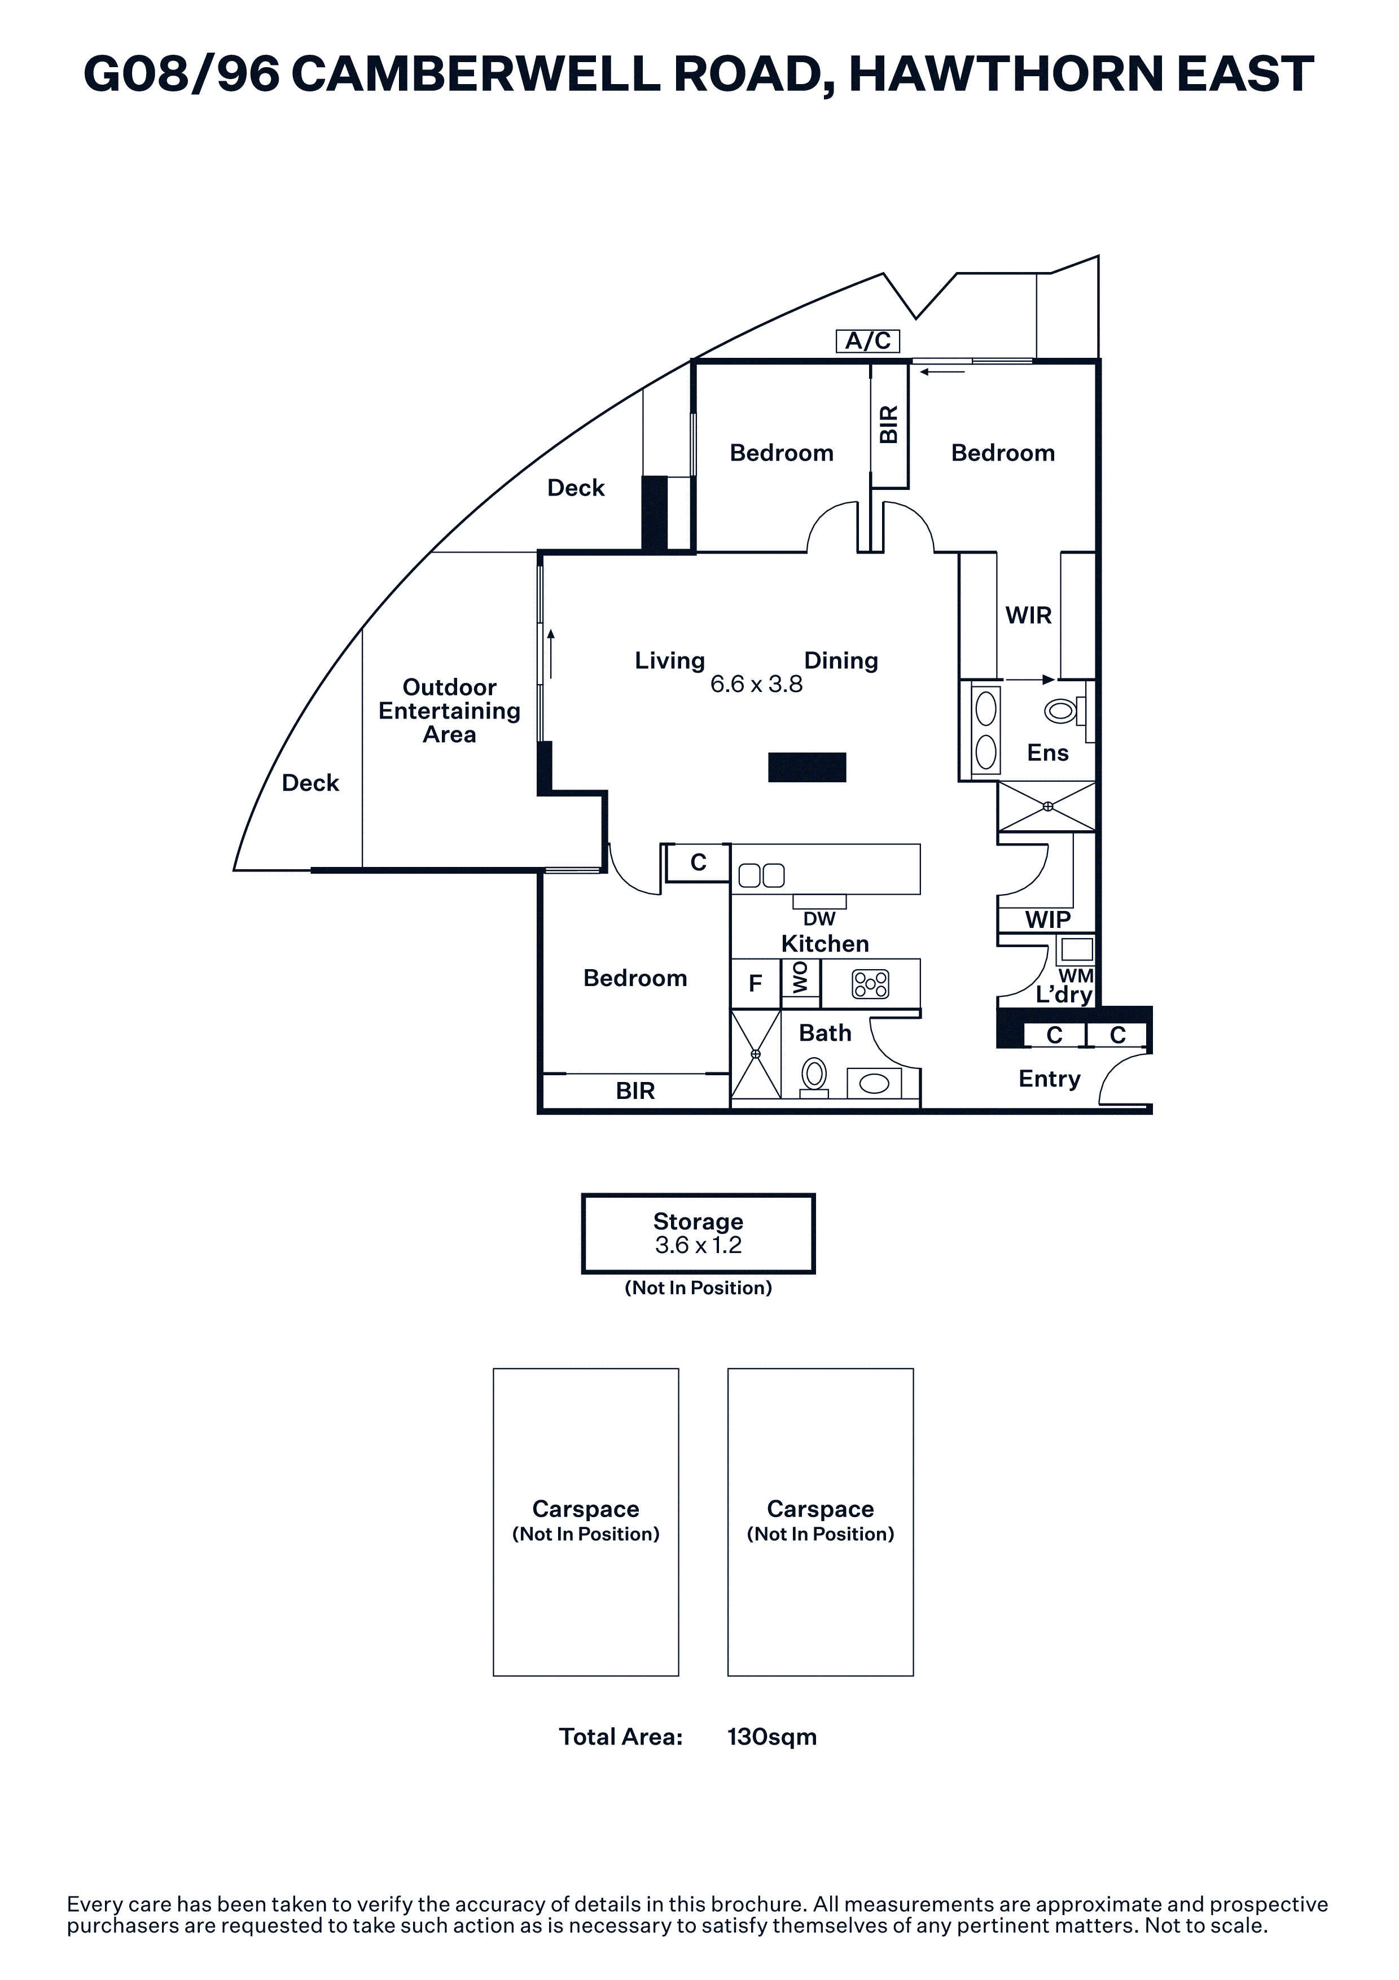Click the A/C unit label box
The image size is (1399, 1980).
point(868,341)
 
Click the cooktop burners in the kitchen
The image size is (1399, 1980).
point(870,984)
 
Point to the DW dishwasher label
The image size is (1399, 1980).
point(819,919)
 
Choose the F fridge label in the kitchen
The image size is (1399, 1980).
point(755,984)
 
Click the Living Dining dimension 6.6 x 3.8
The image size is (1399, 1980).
point(756,685)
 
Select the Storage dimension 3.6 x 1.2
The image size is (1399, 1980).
point(698,1245)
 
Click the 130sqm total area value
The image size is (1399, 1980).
point(771,1737)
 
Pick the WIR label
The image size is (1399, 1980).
point(1028,616)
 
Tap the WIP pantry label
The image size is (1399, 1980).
point(1047,920)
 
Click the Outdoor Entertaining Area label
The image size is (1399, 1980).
point(449,711)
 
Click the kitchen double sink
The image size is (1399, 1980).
point(762,876)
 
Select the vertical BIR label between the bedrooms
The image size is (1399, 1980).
point(889,424)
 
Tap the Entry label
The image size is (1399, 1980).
point(1049,1079)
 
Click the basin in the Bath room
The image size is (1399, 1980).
point(874,1083)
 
